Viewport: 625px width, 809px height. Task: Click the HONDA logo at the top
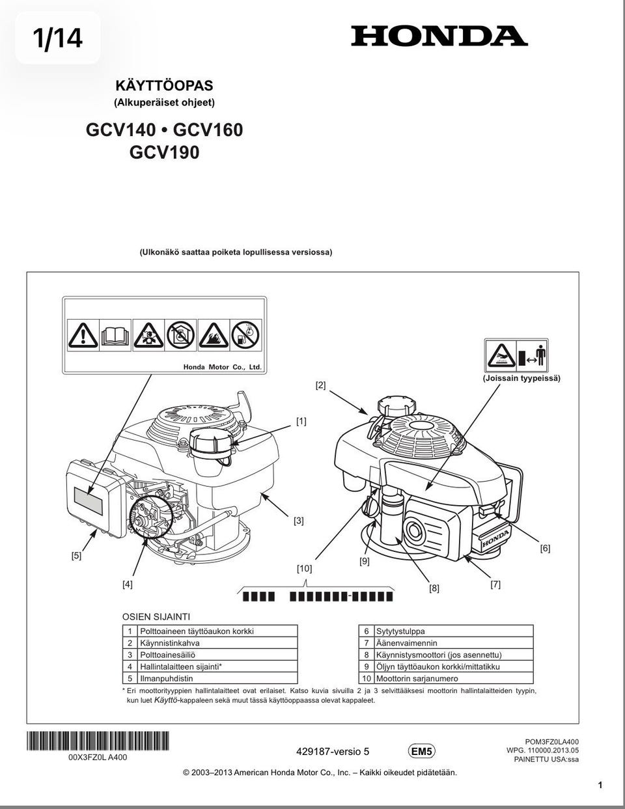click(x=439, y=36)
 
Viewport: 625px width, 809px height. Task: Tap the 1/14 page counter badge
click(x=58, y=38)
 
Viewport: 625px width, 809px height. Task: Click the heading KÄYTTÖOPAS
click(x=164, y=85)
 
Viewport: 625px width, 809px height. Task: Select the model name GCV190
click(x=164, y=152)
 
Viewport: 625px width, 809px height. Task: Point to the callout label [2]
click(x=320, y=385)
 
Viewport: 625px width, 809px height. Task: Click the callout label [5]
click(x=76, y=556)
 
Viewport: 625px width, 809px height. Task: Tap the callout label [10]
click(x=304, y=568)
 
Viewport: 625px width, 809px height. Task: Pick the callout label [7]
click(x=495, y=584)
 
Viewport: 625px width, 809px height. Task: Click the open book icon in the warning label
click(x=115, y=335)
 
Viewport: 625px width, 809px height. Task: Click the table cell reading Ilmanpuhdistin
click(x=167, y=678)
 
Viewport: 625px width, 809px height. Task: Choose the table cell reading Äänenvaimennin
click(x=407, y=643)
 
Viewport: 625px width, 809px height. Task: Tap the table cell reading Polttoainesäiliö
click(x=168, y=655)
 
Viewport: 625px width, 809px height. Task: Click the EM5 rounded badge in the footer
click(x=421, y=752)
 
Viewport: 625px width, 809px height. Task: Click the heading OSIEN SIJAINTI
click(x=156, y=616)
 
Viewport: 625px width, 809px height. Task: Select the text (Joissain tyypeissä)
click(x=521, y=377)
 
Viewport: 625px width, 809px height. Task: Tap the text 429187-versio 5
click(x=332, y=752)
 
